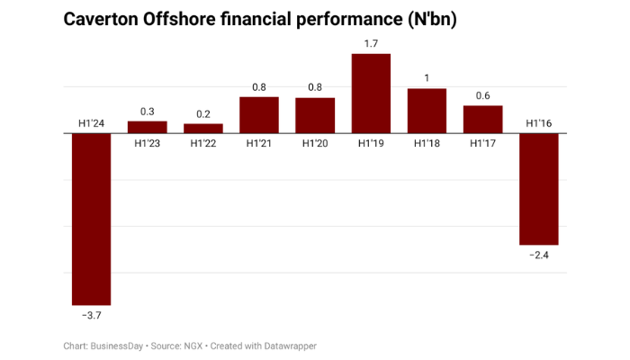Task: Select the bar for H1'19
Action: [371, 94]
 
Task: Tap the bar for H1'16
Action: [538, 189]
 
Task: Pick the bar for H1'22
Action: [203, 129]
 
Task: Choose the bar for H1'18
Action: [427, 111]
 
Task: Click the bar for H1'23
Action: [147, 127]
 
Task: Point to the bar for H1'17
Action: [482, 120]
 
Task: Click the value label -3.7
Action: [91, 315]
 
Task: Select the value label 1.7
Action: [371, 42]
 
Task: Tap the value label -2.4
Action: [538, 256]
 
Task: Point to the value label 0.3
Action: [147, 111]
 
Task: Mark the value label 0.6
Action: [482, 95]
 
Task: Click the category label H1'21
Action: [259, 143]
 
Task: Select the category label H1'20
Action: [315, 143]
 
